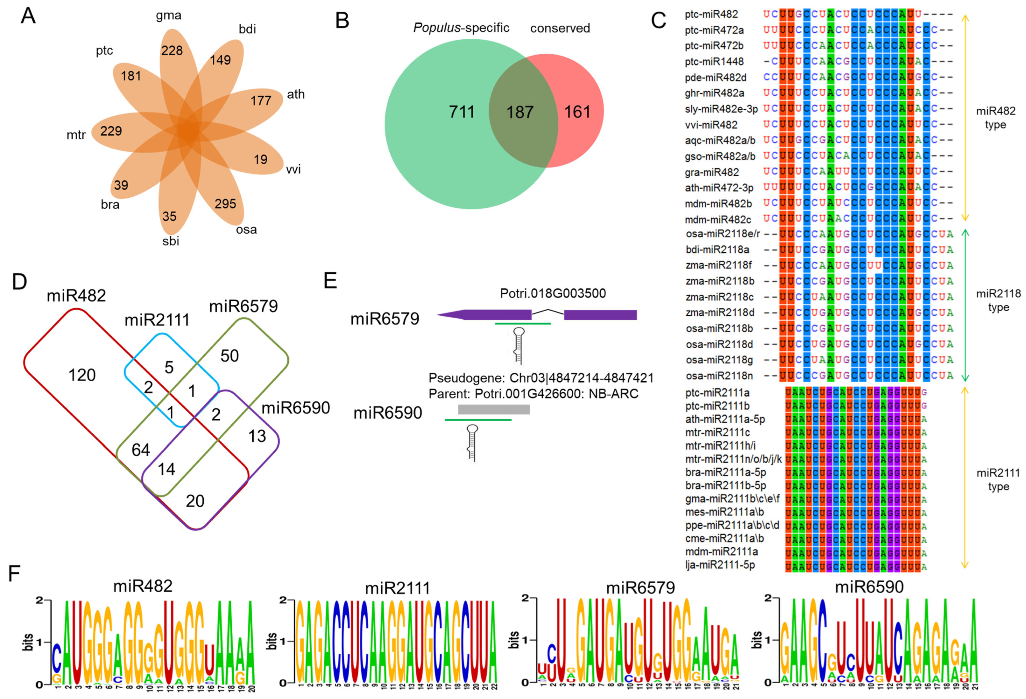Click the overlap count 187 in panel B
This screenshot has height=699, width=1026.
(520, 112)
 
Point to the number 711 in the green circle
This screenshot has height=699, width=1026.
(462, 112)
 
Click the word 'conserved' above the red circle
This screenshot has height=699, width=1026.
(560, 28)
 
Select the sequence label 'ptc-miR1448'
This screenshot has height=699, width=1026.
(714, 61)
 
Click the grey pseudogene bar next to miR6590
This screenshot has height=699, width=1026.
(494, 409)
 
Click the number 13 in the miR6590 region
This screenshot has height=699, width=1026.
(257, 436)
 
